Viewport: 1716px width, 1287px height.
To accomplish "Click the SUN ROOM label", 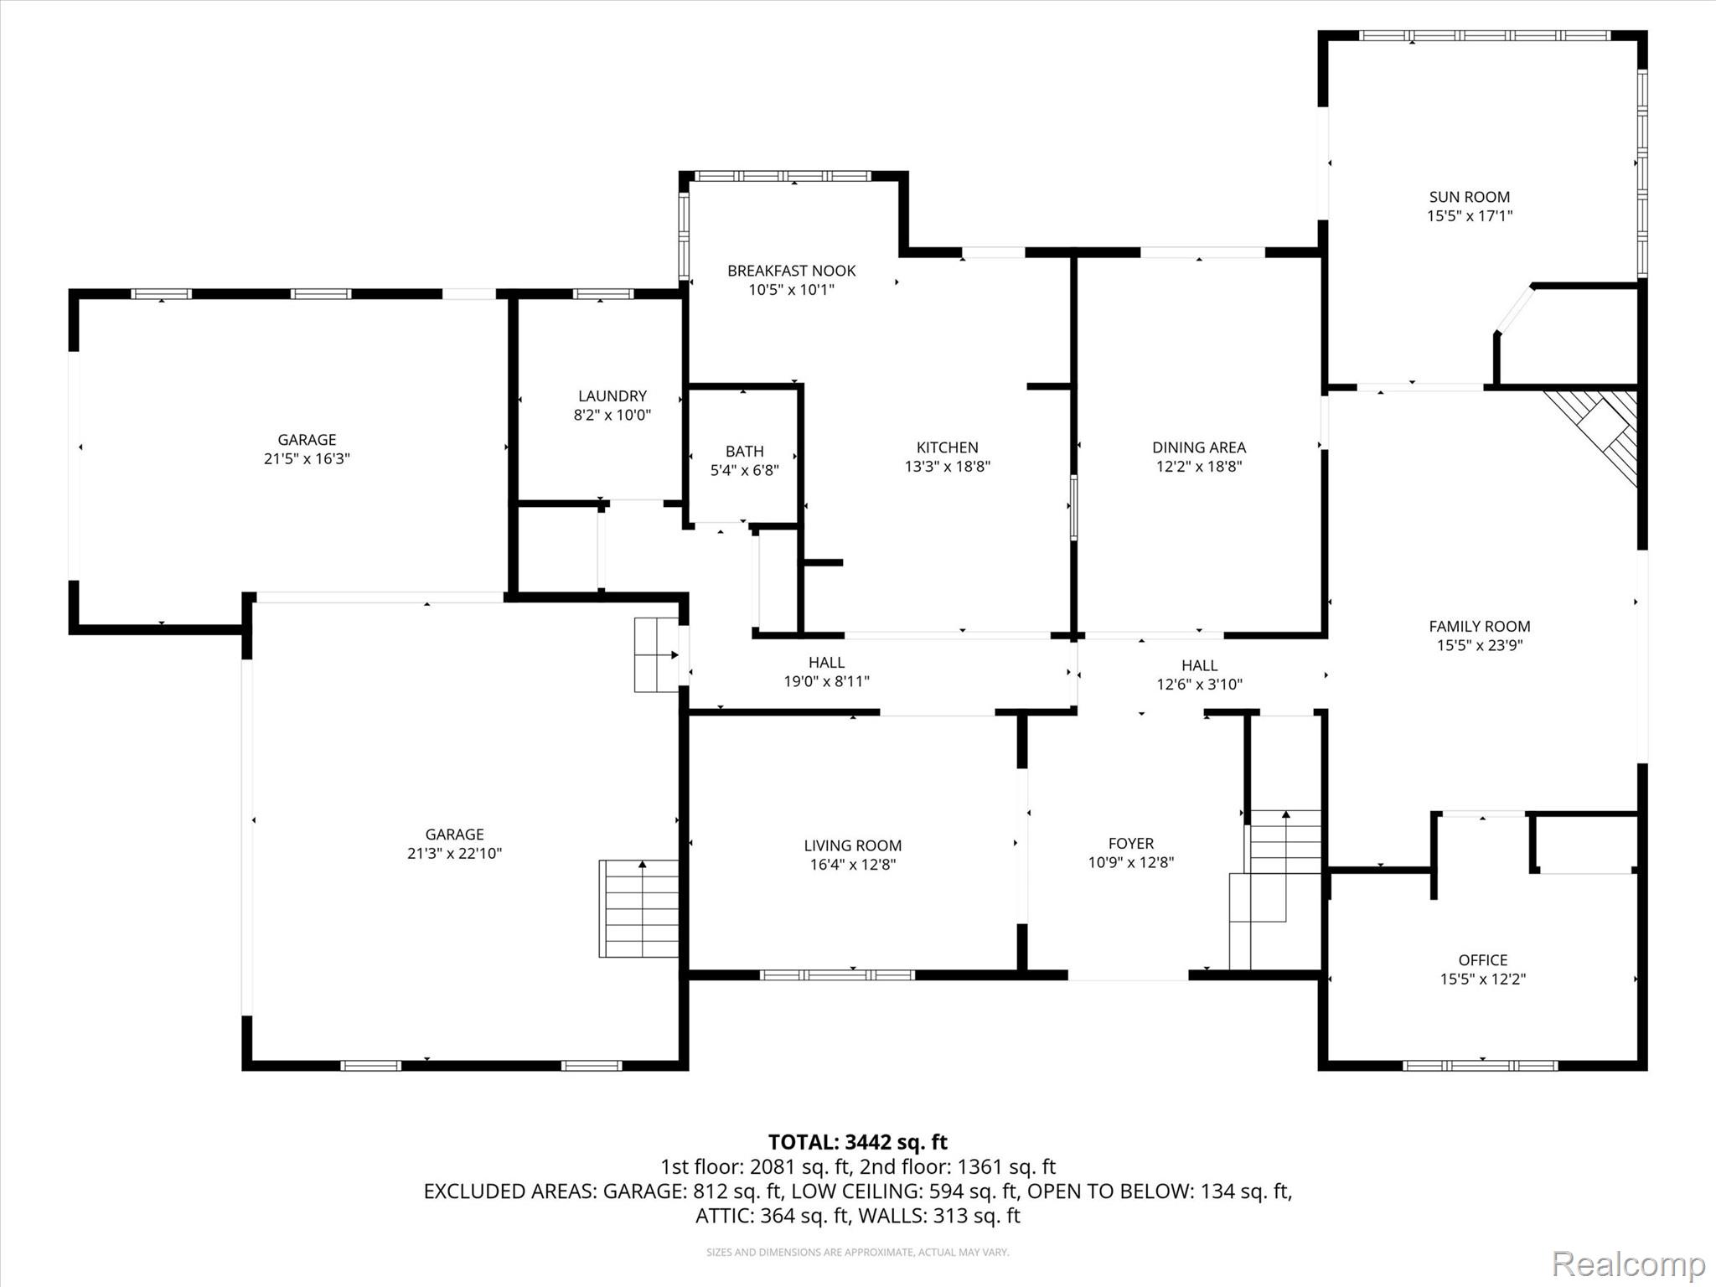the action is (x=1470, y=197).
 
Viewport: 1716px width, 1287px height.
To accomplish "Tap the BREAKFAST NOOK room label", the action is (x=792, y=271).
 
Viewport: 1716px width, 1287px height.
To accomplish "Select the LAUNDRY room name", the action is (x=612, y=395).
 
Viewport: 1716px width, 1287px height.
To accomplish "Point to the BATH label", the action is (x=745, y=452).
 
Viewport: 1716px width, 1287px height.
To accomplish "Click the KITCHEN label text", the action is (x=948, y=447).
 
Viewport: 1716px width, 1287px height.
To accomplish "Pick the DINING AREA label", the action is (x=1199, y=447).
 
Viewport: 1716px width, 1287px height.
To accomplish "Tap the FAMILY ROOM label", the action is (x=1480, y=626).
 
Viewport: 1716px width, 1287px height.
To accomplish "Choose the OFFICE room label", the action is (x=1483, y=960).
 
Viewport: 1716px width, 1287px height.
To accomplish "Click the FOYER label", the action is (x=1131, y=844).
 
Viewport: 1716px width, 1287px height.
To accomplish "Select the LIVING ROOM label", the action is (x=853, y=845).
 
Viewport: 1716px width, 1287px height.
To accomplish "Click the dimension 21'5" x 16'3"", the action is (x=307, y=458).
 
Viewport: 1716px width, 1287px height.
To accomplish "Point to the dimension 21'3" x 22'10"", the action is (x=454, y=853).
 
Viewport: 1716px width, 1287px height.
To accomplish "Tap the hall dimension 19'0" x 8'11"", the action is (x=827, y=681).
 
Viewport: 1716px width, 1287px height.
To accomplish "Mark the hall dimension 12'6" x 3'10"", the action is (x=1200, y=684).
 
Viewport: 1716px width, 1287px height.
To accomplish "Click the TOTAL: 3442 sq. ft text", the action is (x=858, y=1142).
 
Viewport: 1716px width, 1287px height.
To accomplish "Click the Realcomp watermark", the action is (x=1628, y=1263).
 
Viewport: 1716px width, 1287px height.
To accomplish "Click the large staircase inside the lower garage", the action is (x=638, y=908).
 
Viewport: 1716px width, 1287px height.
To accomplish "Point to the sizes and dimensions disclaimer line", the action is (x=858, y=1252).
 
